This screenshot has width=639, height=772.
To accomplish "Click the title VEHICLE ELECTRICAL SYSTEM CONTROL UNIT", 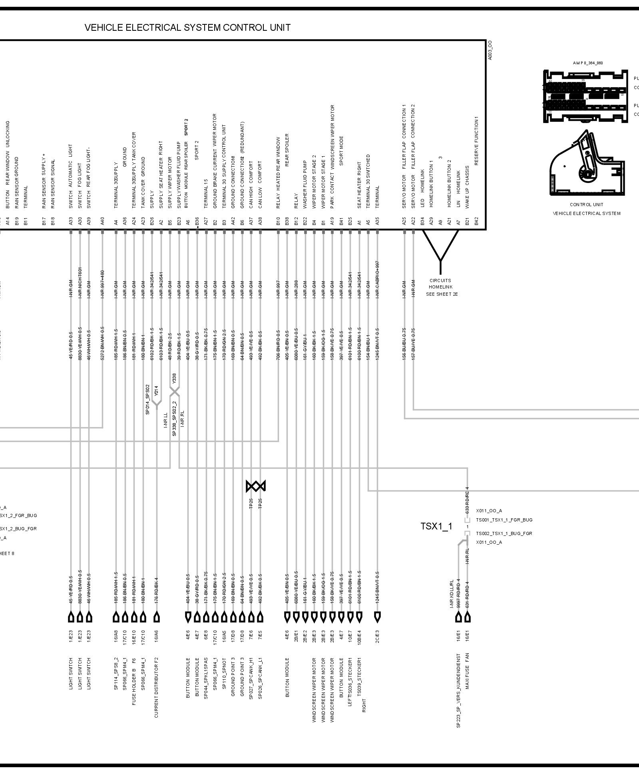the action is point(187,28).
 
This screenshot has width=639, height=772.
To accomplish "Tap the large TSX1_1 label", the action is point(436,526).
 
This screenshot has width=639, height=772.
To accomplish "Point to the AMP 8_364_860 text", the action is point(587,63).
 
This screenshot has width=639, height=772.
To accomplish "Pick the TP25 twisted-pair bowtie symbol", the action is point(256,486).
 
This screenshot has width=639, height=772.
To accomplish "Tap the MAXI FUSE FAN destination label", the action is point(467,671).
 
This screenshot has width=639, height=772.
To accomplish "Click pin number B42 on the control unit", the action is point(476,221).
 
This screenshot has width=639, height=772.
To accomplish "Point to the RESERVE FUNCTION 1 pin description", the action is point(476,141).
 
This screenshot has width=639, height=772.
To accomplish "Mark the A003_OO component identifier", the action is point(490,50).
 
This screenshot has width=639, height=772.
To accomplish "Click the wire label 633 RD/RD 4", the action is point(467,500).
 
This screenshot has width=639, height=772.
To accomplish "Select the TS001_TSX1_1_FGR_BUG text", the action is point(504,520).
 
